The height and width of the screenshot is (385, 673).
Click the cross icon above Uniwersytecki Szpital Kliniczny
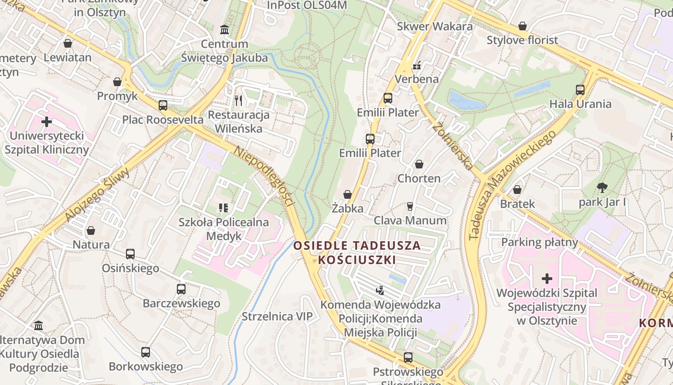click(x=47, y=122)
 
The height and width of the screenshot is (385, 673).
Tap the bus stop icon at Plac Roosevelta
click(x=163, y=105)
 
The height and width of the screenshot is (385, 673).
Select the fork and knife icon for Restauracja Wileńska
click(x=238, y=100)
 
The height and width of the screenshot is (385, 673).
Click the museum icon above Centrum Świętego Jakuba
click(x=224, y=30)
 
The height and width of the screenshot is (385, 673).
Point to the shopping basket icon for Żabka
click(x=348, y=194)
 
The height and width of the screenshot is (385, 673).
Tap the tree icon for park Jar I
click(x=602, y=188)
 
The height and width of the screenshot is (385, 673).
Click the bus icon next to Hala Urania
click(x=580, y=90)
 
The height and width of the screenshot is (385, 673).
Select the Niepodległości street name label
click(x=263, y=176)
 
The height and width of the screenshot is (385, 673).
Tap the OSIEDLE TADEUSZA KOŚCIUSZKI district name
click(x=357, y=253)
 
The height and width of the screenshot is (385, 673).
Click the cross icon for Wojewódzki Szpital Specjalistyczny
click(x=547, y=279)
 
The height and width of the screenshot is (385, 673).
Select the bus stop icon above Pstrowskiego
click(x=408, y=357)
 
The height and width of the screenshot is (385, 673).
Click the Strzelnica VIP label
click(x=277, y=316)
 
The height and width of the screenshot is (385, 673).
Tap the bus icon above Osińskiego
click(x=130, y=254)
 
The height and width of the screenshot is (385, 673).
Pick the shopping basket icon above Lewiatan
click(x=68, y=43)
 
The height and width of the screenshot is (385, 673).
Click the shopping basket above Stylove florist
click(x=523, y=26)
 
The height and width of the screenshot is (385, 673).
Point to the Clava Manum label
click(x=410, y=220)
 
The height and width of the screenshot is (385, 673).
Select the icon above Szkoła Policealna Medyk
click(x=224, y=208)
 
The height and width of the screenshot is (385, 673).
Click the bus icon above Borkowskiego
click(x=146, y=352)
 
